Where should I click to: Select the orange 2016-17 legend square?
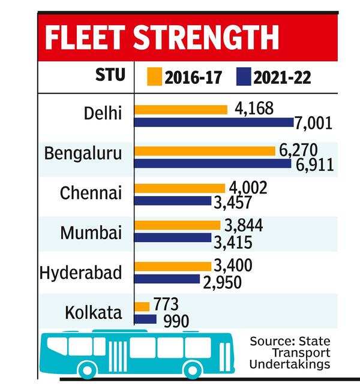pyautogui.click(x=155, y=77)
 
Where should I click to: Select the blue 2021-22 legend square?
pyautogui.click(x=244, y=77)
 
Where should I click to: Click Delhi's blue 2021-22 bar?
pyautogui.click(x=214, y=123)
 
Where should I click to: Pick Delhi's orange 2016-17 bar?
pyautogui.click(x=181, y=109)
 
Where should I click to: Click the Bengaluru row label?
pyautogui.click(x=83, y=153)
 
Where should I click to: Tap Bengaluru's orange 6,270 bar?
pyautogui.click(x=205, y=150)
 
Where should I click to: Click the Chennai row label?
pyautogui.click(x=91, y=194)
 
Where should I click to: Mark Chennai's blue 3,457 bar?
pyautogui.click(x=173, y=201)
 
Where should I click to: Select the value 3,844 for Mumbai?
pyautogui.click(x=244, y=226)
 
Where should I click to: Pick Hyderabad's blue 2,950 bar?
pyautogui.click(x=167, y=279)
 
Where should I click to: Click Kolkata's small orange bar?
pyautogui.click(x=142, y=307)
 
